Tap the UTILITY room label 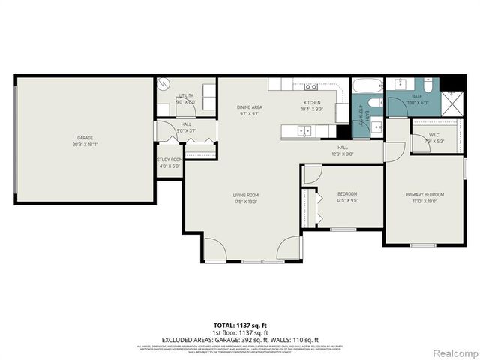186,96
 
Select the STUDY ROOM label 170,160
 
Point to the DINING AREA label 250,107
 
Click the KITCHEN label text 312,103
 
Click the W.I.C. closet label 430,136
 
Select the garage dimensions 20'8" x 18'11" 85,144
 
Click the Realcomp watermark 455,352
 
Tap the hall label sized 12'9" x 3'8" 342,151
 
